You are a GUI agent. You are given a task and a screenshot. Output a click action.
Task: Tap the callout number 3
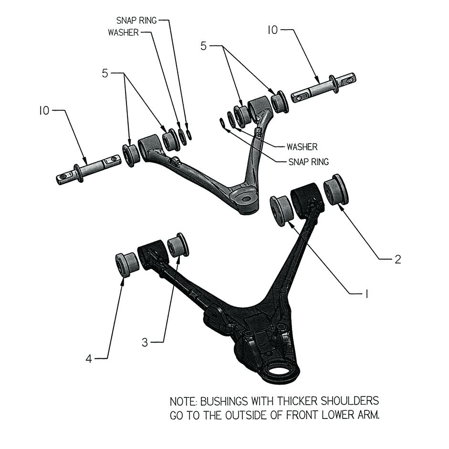(147, 342)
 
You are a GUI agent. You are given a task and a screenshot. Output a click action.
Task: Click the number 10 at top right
(272, 30)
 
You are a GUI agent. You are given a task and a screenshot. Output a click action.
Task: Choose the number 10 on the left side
(44, 111)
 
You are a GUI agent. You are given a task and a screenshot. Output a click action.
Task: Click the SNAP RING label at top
(137, 21)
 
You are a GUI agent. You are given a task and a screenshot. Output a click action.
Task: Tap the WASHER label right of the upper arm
(302, 146)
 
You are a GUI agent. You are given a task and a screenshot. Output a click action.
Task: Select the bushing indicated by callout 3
(178, 245)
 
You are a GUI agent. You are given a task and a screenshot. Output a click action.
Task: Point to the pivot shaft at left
(88, 169)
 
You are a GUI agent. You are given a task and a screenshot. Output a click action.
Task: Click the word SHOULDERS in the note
(348, 400)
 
